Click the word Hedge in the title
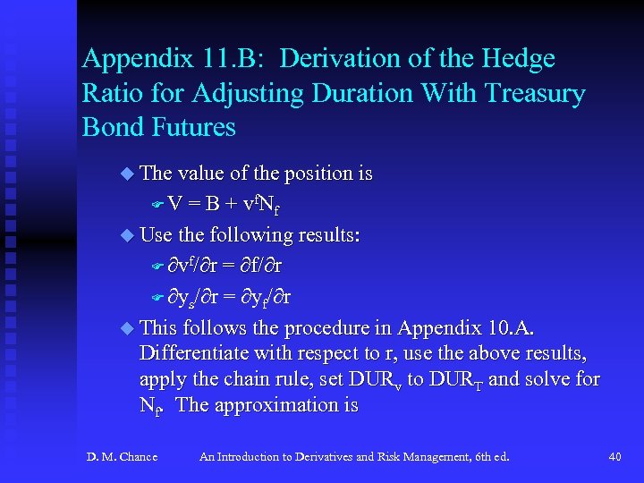[521, 60]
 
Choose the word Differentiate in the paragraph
[194, 352]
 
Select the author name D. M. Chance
[122, 457]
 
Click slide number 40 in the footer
[614, 457]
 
